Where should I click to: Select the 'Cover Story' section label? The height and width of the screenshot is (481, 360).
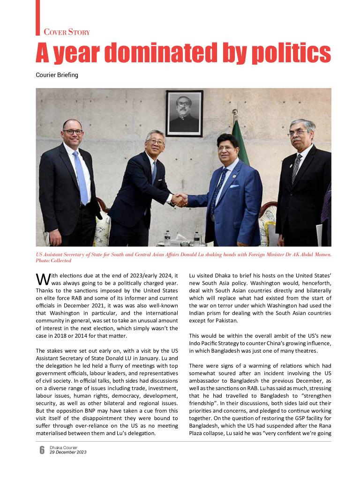[x=67, y=32]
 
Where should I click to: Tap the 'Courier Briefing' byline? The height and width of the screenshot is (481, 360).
[x=57, y=75]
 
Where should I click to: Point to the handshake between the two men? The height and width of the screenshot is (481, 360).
[x=179, y=199]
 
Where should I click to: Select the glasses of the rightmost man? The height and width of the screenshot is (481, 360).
[x=297, y=133]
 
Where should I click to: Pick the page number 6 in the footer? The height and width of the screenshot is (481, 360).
[x=42, y=450]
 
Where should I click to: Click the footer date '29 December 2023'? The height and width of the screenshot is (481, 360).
[x=68, y=452]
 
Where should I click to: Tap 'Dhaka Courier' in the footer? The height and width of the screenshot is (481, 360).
[x=63, y=448]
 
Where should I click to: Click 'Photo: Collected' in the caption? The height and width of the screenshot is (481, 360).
[x=54, y=260]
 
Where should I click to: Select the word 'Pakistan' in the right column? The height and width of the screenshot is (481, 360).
[x=222, y=321]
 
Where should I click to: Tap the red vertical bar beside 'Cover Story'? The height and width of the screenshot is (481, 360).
[x=38, y=17]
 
